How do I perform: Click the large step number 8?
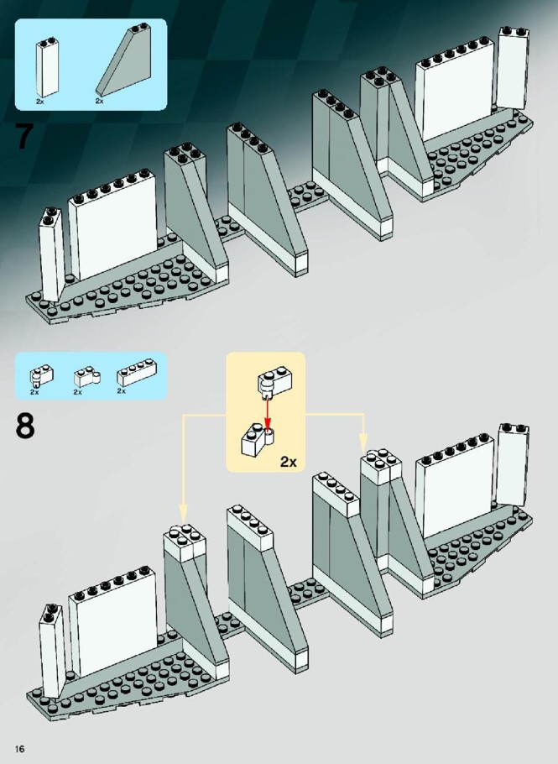(x=25, y=426)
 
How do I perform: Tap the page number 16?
(x=20, y=748)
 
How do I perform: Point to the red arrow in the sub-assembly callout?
(x=267, y=413)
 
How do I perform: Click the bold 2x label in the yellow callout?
(x=289, y=462)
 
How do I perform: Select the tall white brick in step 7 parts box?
(x=47, y=68)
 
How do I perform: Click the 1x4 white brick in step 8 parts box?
(x=137, y=373)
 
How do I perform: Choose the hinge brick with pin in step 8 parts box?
(x=41, y=376)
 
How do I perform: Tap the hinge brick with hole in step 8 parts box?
(x=86, y=377)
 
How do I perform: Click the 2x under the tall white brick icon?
(x=40, y=102)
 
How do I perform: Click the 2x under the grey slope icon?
(x=99, y=101)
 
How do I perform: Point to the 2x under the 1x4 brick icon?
(x=121, y=390)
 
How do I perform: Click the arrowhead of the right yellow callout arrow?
(x=363, y=443)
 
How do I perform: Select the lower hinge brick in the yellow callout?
(x=258, y=439)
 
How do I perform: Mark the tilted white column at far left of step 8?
(x=51, y=651)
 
